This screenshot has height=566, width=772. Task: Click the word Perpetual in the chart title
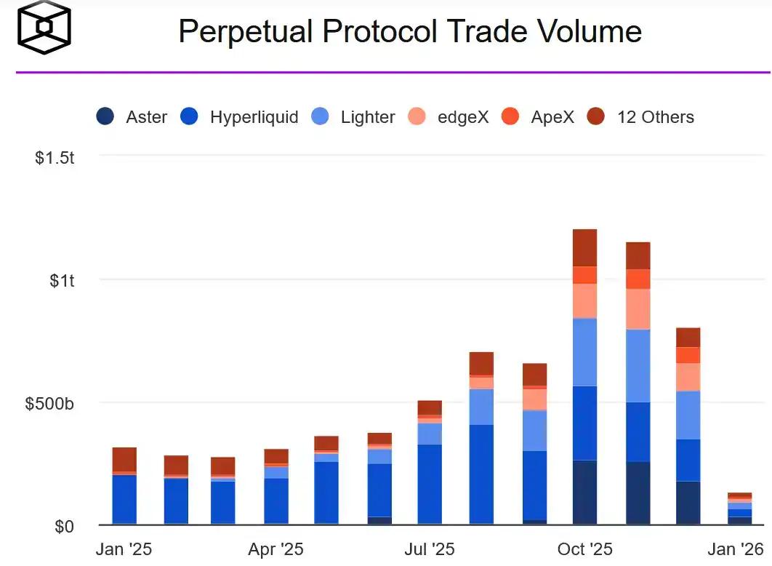tap(246, 31)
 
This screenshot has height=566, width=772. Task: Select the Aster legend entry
tap(132, 117)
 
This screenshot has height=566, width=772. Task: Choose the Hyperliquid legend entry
tap(239, 117)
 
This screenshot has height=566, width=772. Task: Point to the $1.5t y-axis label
tap(55, 157)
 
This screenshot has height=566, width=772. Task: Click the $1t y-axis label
tap(62, 280)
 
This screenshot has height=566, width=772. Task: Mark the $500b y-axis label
tap(49, 404)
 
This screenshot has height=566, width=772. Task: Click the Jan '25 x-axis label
tap(124, 549)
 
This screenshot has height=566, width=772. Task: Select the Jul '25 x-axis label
tap(430, 549)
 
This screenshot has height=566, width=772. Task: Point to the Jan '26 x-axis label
tap(736, 549)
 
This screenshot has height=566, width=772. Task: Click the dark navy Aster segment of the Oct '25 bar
tap(584, 493)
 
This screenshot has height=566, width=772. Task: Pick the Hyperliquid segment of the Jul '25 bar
tap(430, 484)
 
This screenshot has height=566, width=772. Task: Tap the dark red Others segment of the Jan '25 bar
tap(124, 459)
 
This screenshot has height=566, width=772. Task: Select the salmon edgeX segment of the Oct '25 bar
tap(584, 300)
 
